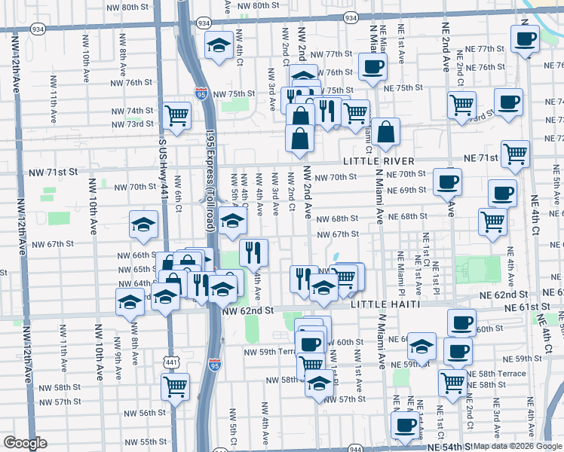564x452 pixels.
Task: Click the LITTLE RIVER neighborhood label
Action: coord(379,161)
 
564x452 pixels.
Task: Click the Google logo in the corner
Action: coord(25,443)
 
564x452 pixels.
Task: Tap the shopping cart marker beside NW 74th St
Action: coord(176,115)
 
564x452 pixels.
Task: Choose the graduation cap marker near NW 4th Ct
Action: coord(219,44)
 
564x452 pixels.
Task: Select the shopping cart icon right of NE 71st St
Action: coord(516,153)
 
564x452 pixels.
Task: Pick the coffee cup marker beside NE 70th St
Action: coord(448,181)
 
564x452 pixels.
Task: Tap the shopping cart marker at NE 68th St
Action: coord(492,221)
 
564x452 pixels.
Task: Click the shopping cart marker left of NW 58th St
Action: coord(175,386)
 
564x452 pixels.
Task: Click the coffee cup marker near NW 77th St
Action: coord(372,66)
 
